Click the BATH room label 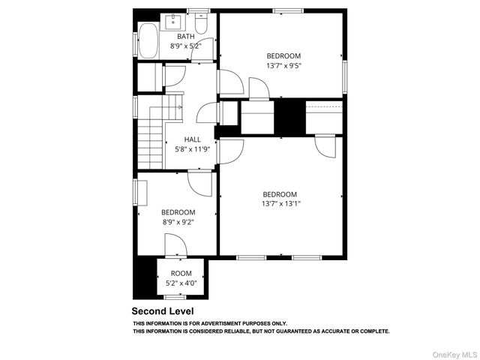(x=184, y=36)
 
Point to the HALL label (x=193, y=139)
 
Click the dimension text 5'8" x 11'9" (x=193, y=148)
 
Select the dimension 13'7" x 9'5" (x=283, y=65)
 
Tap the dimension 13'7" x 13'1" (x=280, y=203)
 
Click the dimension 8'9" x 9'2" (x=178, y=222)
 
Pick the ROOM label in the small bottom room (x=181, y=273)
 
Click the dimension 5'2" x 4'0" (x=181, y=283)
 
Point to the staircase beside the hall (x=152, y=135)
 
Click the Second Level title (x=163, y=311)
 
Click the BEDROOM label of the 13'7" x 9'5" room (x=283, y=55)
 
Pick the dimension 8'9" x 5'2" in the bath (x=186, y=46)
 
